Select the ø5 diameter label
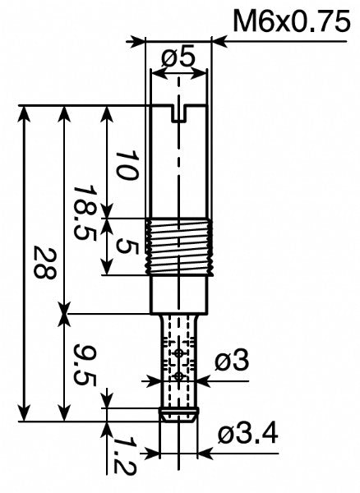click(x=178, y=58)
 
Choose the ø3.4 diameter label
click(x=247, y=433)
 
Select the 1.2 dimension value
click(x=123, y=454)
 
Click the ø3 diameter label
click(x=232, y=361)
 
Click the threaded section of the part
click(x=179, y=246)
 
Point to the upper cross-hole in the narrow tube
click(x=179, y=353)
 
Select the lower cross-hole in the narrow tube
click(x=179, y=376)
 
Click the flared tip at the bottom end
click(x=178, y=415)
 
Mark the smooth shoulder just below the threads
click(x=179, y=294)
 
